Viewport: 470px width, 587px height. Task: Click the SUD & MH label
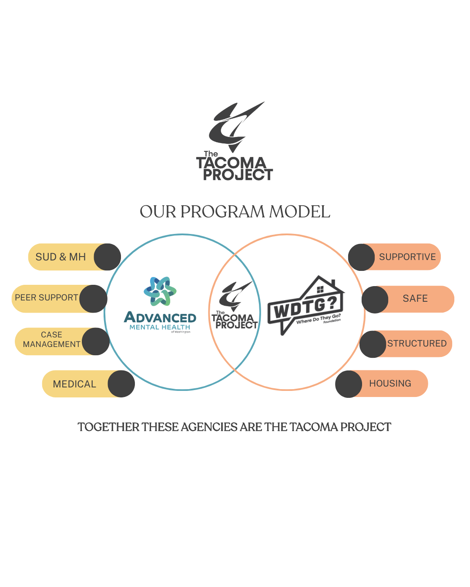(x=60, y=257)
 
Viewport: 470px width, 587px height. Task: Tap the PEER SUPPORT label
(x=47, y=298)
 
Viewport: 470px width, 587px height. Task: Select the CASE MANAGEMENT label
(x=51, y=340)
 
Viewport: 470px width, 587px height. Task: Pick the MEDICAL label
(x=74, y=384)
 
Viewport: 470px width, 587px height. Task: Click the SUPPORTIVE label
(x=407, y=257)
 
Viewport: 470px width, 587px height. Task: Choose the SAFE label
(x=415, y=299)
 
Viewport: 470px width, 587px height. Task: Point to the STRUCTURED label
(x=417, y=344)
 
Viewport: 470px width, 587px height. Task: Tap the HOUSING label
(x=390, y=384)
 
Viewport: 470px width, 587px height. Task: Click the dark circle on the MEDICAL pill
(x=121, y=384)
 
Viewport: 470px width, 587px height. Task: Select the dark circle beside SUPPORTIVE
(x=361, y=257)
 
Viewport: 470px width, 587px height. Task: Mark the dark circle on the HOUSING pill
(x=349, y=384)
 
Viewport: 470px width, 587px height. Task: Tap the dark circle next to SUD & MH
(x=107, y=257)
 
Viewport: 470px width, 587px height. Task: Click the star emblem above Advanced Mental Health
(x=160, y=291)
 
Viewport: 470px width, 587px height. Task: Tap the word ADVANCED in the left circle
(x=160, y=317)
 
